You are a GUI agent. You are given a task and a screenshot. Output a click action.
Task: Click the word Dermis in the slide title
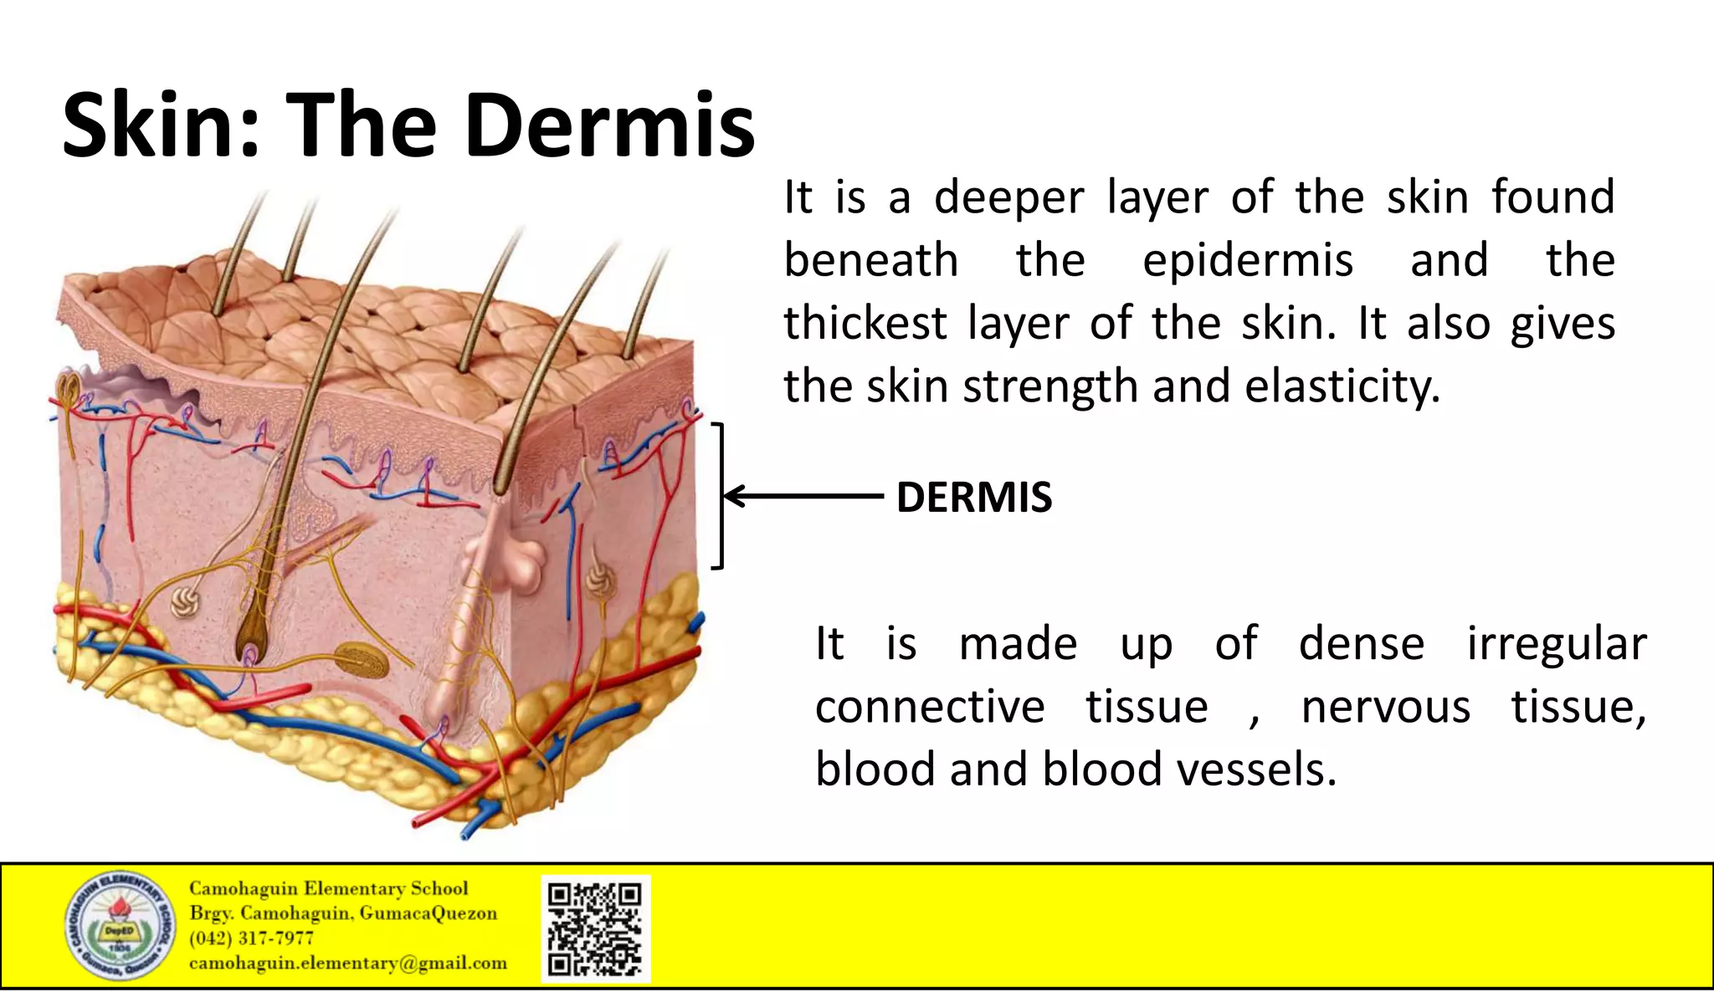pos(609,125)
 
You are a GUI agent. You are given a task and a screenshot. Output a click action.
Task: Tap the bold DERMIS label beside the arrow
pos(973,497)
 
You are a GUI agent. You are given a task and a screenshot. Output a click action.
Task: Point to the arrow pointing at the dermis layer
pos(803,496)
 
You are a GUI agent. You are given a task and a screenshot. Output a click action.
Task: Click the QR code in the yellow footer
pos(595,928)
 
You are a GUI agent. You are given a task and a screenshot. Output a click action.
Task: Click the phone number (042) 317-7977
pos(251,938)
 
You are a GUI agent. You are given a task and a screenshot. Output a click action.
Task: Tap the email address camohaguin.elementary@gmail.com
pos(347,963)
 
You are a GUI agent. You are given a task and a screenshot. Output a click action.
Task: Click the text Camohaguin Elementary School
pos(328,888)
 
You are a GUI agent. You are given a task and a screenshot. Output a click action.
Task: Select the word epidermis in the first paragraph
pos(1248,261)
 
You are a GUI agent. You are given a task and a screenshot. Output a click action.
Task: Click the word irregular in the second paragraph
pos(1557,644)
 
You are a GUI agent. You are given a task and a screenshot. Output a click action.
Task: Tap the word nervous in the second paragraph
pos(1386,708)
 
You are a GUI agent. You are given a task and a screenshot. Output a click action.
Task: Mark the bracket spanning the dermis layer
pos(718,496)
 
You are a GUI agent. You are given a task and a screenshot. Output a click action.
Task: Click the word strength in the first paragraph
pos(1050,386)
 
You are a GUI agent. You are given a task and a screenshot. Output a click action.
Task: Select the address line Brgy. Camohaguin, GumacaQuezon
pos(343,913)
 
